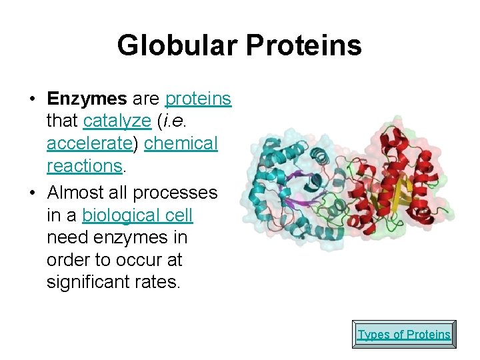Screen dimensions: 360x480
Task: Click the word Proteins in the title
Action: pos(304,46)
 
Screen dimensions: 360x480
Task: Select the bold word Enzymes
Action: pos(87,99)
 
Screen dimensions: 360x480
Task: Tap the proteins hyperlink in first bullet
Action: pos(198,99)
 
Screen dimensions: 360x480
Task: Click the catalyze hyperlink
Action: pos(117,121)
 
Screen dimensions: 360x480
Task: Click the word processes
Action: pos(175,193)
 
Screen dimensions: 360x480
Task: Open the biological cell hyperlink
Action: pos(137,215)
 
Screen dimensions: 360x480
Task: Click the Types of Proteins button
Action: pos(404,334)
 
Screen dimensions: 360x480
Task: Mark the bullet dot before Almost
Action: pos(32,193)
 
